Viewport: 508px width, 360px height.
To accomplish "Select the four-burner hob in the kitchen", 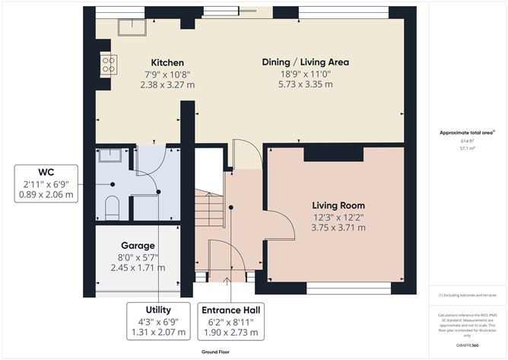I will coord(107,65).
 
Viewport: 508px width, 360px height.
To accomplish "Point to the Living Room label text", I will coord(338,205).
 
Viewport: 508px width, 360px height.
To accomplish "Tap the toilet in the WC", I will coord(112,205).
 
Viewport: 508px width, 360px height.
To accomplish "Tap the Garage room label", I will coord(138,246).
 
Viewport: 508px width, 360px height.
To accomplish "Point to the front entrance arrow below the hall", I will coord(230,281).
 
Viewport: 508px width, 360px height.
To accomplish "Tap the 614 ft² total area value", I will coord(466,141).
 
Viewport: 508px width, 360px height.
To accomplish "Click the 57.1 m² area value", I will coord(466,149).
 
